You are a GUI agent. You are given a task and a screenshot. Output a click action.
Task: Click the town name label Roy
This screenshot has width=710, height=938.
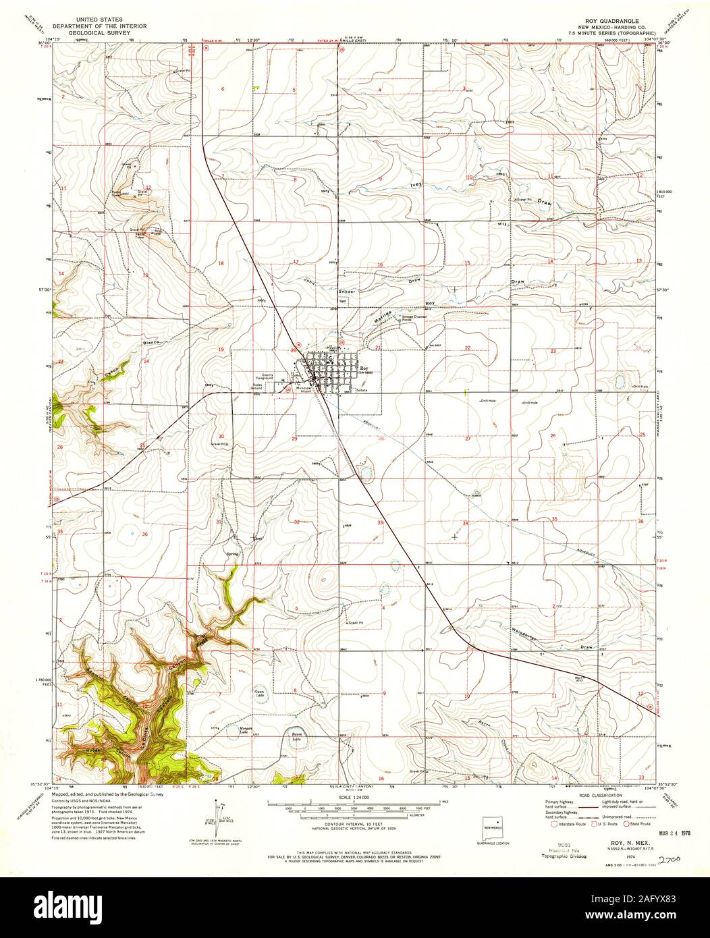click(x=364, y=368)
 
